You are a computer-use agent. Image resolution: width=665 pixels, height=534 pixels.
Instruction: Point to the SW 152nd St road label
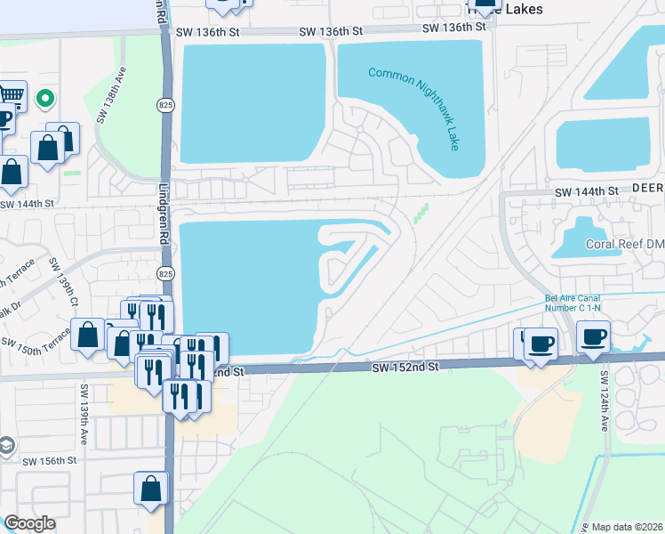[405, 367]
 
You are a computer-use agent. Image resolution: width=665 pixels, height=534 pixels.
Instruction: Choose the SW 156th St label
[51, 461]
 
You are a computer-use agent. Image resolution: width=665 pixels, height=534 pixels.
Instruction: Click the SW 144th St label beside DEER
[586, 191]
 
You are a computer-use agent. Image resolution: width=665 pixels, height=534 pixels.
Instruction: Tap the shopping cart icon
[11, 94]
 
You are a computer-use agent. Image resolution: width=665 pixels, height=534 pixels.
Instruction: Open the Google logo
[29, 523]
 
